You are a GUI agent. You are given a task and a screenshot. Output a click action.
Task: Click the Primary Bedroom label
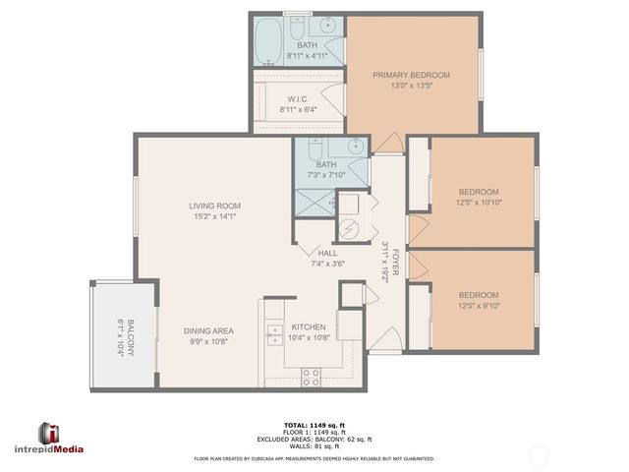[411, 76]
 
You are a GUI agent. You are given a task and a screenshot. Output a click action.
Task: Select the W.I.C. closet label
[300, 98]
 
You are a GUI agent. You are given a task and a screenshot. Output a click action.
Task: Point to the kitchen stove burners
[311, 374]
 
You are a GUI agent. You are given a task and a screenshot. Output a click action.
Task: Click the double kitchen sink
[271, 336]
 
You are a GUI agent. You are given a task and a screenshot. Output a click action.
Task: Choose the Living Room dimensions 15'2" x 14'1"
[213, 216]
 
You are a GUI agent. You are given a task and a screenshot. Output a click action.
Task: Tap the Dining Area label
[207, 331]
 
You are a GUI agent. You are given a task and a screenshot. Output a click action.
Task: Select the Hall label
[326, 253]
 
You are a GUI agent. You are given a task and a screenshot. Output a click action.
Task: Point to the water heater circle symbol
[349, 229]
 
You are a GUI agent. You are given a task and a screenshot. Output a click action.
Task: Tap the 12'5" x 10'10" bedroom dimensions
[479, 203]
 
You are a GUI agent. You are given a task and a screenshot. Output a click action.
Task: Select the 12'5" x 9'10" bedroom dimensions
[479, 306]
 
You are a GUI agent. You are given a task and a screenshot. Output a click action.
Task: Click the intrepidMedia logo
[61, 439]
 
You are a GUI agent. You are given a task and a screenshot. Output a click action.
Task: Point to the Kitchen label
[308, 327]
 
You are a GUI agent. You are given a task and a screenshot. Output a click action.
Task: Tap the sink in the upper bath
[328, 27]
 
